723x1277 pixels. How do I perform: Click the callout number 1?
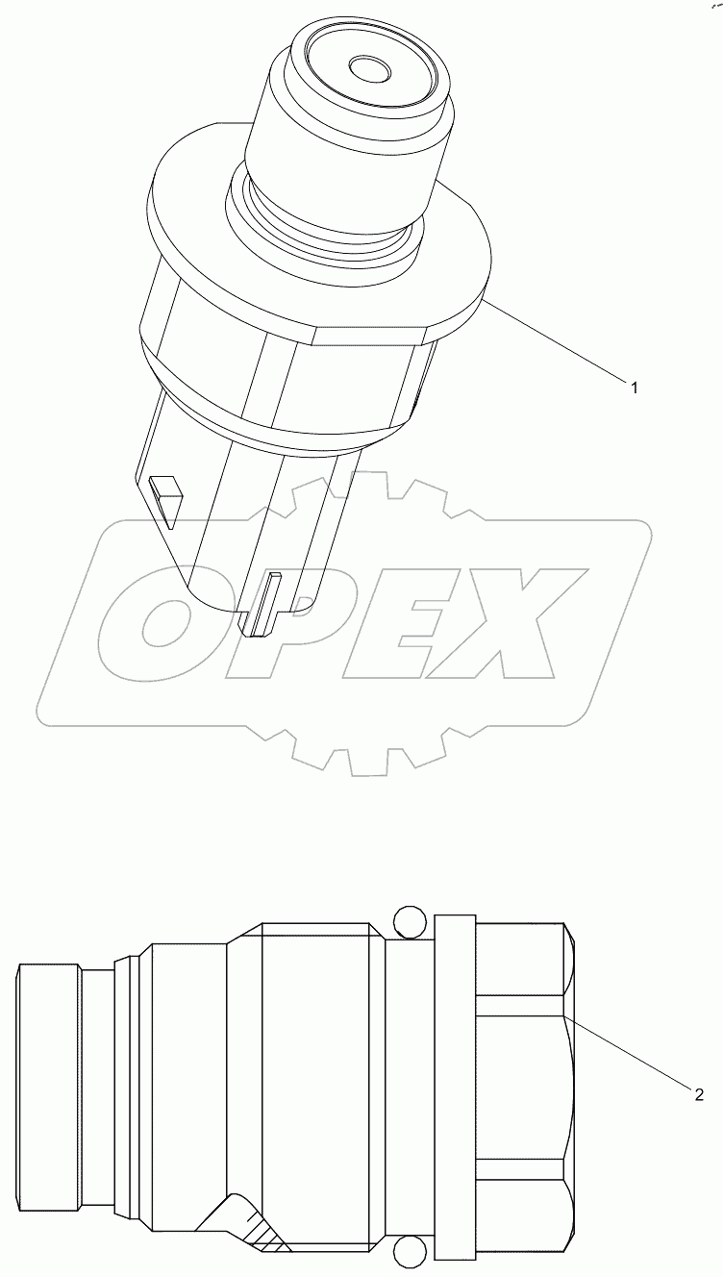tap(634, 387)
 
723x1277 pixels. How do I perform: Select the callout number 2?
tap(699, 1093)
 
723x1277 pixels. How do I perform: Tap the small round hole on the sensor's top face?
tap(366, 69)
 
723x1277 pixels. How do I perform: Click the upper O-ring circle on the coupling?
tap(409, 921)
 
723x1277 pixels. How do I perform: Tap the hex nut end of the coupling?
tap(524, 1087)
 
